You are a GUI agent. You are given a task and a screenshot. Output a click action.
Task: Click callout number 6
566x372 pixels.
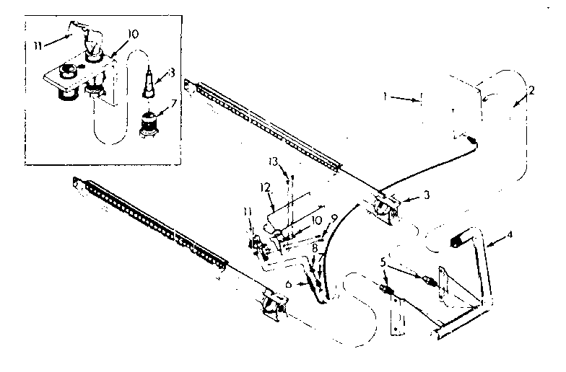[x=289, y=285]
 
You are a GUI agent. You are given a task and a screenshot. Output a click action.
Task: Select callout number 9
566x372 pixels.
[x=334, y=218]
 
